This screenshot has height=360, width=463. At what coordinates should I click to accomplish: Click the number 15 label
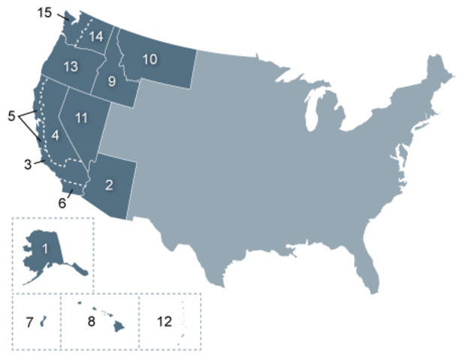(x=46, y=12)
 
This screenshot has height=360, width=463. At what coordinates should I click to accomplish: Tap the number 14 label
(x=96, y=36)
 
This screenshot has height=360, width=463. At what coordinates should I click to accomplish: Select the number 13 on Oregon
(x=71, y=67)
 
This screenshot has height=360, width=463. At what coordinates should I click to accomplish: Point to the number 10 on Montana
(x=149, y=59)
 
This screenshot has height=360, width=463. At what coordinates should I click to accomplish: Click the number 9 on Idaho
(x=112, y=82)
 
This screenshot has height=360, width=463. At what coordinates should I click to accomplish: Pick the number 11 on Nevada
(x=81, y=118)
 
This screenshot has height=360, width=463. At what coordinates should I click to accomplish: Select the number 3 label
(x=27, y=163)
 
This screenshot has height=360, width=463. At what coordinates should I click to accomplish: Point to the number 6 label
(x=62, y=202)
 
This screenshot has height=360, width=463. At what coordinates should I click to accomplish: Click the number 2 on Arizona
(x=109, y=185)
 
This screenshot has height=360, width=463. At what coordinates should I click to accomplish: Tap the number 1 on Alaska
(x=45, y=247)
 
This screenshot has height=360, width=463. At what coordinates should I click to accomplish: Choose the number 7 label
(x=29, y=322)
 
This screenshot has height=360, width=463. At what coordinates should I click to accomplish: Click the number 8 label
(x=91, y=322)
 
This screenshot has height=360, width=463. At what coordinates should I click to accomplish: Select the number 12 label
(x=164, y=322)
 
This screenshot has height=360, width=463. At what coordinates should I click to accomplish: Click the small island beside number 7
(x=43, y=322)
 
